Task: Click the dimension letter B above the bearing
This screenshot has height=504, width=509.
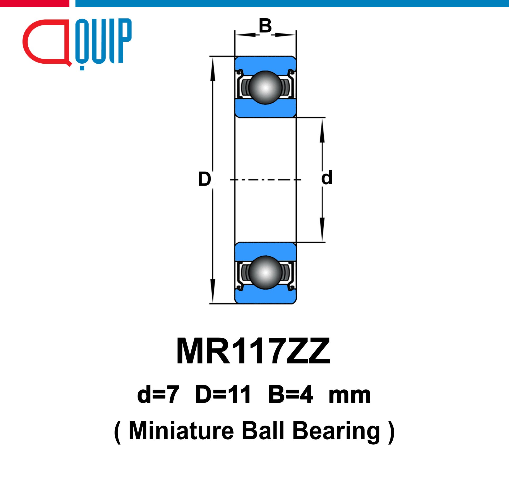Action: click(265, 26)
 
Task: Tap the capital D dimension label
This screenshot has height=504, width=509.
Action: click(204, 179)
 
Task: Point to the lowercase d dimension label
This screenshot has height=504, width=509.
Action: click(327, 177)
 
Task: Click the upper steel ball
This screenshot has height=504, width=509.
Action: click(265, 87)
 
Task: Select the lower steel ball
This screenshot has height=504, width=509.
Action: click(265, 272)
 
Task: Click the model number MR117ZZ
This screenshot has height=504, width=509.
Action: click(253, 351)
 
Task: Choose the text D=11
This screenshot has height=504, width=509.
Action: click(223, 395)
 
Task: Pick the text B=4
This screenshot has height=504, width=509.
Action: click(291, 395)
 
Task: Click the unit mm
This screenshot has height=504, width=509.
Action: click(349, 397)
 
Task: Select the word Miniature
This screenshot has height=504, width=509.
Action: click(181, 431)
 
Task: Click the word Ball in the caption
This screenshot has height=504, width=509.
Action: click(263, 431)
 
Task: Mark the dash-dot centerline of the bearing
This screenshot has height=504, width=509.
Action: click(265, 180)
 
